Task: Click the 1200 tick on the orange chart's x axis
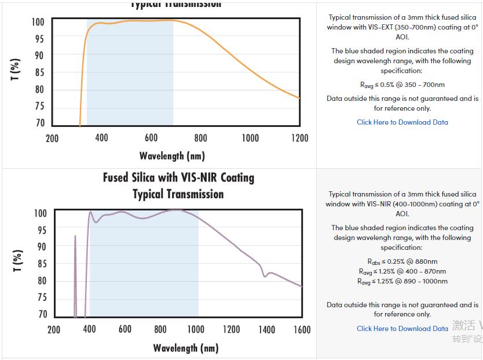coord(299,138)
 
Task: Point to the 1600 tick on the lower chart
coord(302,329)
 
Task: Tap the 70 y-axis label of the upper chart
coord(39,123)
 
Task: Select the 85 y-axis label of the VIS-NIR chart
coord(41,264)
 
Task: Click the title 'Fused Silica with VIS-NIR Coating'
coord(178,177)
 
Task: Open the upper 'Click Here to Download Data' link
coord(402,122)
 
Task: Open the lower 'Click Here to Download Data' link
coord(402,329)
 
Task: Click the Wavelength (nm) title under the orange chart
coord(172,156)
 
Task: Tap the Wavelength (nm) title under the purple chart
coord(185,348)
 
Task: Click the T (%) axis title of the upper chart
coord(16,70)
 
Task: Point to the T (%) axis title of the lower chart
coord(18,261)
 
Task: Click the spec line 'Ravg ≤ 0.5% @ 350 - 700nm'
coord(402,85)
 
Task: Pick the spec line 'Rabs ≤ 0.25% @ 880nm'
coord(402,261)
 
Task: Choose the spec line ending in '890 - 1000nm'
coord(402,281)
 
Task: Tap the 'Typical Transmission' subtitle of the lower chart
coord(178,194)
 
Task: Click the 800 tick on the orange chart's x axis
coord(200,138)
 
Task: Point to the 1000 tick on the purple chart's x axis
coord(196,329)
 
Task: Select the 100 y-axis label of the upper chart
coord(38,22)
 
